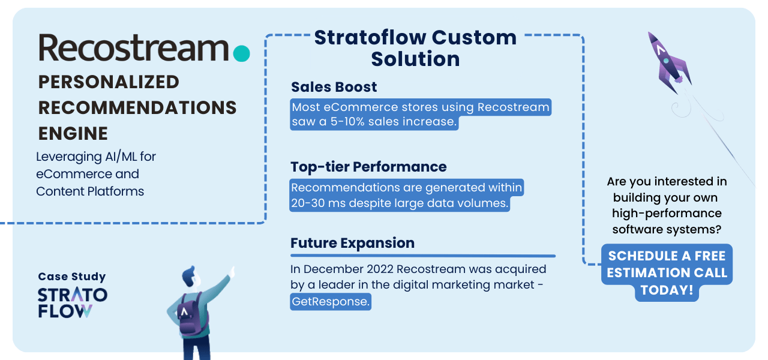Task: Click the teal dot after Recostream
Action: point(241,53)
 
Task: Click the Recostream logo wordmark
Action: point(134,47)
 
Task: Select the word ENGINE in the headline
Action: point(73,133)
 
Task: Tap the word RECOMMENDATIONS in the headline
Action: point(137,107)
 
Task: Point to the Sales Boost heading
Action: point(334,87)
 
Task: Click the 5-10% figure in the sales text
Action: point(347,121)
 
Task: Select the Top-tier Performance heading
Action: point(368,167)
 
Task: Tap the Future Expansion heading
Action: point(352,243)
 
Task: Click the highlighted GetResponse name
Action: point(331,301)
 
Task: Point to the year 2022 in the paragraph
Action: point(380,269)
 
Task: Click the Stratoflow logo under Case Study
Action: point(73,303)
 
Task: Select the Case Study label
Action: point(72,277)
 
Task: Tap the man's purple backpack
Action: point(191,314)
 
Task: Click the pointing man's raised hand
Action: point(232,272)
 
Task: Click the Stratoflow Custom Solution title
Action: point(415,48)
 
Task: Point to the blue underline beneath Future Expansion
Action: point(423,256)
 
